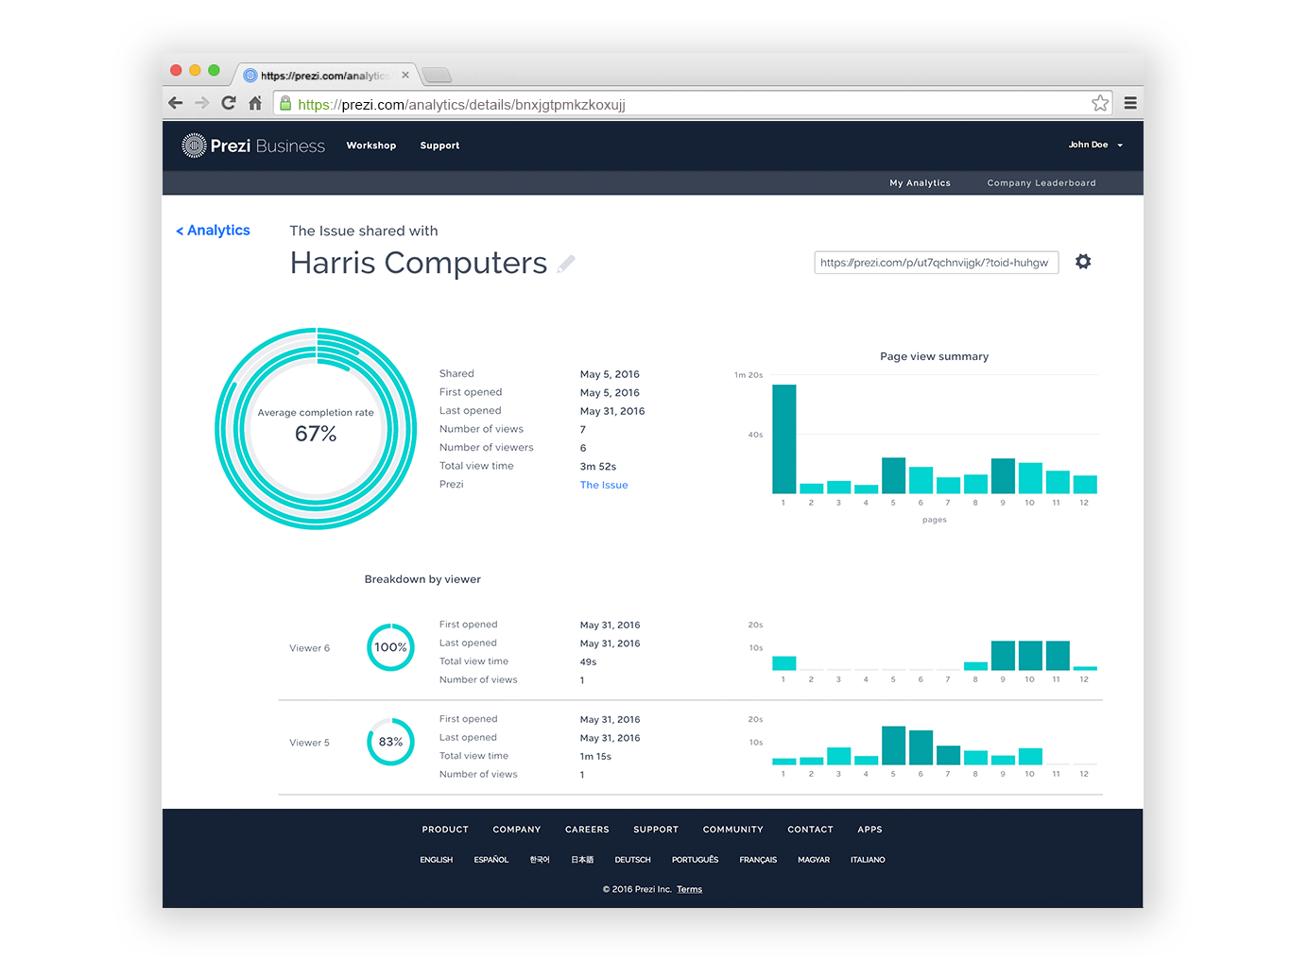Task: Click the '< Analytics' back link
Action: pyautogui.click(x=214, y=231)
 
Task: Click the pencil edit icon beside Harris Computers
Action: pyautogui.click(x=566, y=265)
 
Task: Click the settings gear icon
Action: pyautogui.click(x=1083, y=262)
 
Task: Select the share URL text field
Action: pyautogui.click(x=935, y=263)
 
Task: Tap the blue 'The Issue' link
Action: pyautogui.click(x=604, y=485)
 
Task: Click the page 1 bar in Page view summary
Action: pyautogui.click(x=783, y=439)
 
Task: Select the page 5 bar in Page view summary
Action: pyautogui.click(x=893, y=475)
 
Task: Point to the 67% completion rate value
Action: pyautogui.click(x=316, y=434)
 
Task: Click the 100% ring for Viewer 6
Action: pyautogui.click(x=390, y=647)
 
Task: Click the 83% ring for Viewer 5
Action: pyautogui.click(x=390, y=742)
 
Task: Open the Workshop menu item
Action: pyautogui.click(x=371, y=146)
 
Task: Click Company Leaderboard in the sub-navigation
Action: pyautogui.click(x=1041, y=183)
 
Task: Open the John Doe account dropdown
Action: pyautogui.click(x=1095, y=146)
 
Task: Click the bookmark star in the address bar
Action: pyautogui.click(x=1100, y=103)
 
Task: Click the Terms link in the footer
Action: pyautogui.click(x=689, y=889)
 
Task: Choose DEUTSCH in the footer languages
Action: pyautogui.click(x=632, y=860)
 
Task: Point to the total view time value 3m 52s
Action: pyautogui.click(x=598, y=467)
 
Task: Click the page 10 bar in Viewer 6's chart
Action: pyautogui.click(x=1030, y=656)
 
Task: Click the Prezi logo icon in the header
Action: pyautogui.click(x=194, y=146)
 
